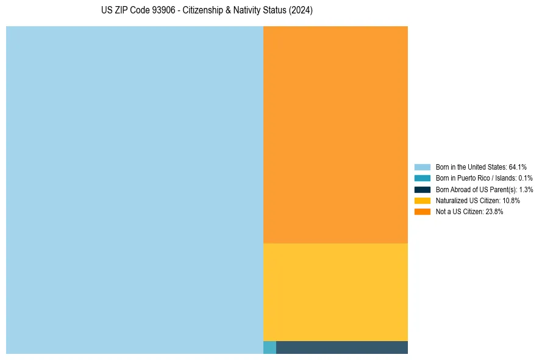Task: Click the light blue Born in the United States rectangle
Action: point(134,190)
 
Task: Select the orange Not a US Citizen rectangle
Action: point(335,134)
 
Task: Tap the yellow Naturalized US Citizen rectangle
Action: point(335,292)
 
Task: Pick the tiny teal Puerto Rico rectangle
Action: point(269,347)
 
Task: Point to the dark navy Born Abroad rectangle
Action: point(341,347)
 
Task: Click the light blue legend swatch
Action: point(422,167)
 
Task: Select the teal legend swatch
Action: point(422,178)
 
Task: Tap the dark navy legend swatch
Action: point(422,189)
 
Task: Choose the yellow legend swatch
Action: point(422,200)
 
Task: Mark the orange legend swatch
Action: point(422,212)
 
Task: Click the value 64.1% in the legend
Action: point(518,167)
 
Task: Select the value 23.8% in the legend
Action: point(494,212)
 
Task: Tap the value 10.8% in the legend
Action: point(511,200)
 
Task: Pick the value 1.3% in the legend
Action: point(526,189)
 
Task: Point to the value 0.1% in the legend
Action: point(526,178)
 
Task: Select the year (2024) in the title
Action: point(301,11)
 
